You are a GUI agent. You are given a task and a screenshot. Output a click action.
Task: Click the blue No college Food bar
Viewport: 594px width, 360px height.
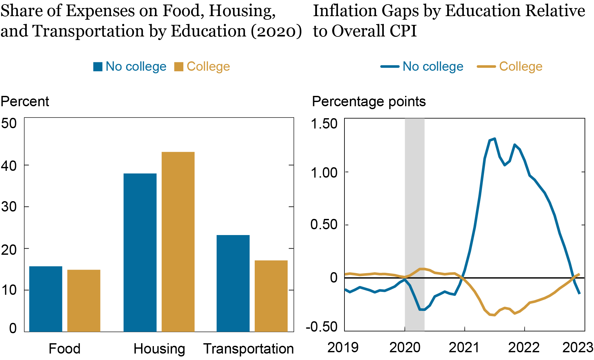(x=46, y=299)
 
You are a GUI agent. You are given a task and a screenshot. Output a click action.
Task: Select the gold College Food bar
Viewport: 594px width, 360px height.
(x=84, y=300)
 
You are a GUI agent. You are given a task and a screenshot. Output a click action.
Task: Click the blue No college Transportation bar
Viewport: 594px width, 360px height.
(x=233, y=283)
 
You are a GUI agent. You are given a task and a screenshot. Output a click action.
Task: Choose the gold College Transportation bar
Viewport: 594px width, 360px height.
(x=271, y=296)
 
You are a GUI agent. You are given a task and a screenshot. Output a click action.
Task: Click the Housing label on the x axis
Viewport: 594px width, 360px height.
(x=159, y=349)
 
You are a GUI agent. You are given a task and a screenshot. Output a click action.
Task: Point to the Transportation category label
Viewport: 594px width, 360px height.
(x=248, y=349)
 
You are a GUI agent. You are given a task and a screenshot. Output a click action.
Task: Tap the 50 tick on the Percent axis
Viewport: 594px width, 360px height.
(x=9, y=123)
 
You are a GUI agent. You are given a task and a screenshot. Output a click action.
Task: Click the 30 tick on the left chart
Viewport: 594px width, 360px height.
(x=9, y=207)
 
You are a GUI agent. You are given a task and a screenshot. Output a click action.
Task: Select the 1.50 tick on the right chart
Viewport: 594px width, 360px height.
(x=324, y=124)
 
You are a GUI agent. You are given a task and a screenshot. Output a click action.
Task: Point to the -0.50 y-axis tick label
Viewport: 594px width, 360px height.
(x=322, y=327)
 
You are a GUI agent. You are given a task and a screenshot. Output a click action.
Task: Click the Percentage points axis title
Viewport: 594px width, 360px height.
(x=369, y=101)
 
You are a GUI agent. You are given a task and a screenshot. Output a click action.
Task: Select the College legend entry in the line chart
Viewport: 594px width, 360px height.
(x=520, y=67)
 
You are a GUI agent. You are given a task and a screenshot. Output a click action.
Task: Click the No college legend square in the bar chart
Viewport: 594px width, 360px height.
(x=98, y=67)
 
